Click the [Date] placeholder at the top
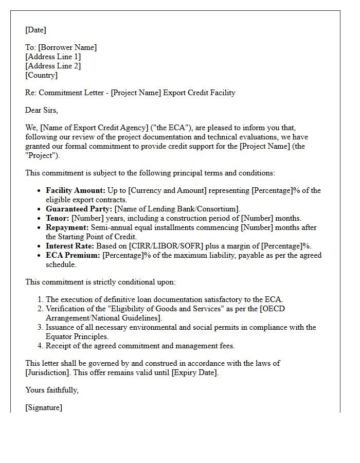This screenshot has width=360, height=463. (x=35, y=30)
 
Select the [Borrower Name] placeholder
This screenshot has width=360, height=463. (x=67, y=47)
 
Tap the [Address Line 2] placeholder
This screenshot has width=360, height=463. (x=53, y=66)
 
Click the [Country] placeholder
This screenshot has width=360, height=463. (x=41, y=75)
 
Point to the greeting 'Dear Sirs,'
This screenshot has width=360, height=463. (x=42, y=110)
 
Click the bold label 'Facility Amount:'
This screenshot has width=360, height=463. (x=76, y=190)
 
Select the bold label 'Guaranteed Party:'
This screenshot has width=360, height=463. (x=79, y=209)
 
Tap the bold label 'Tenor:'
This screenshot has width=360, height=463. (x=58, y=218)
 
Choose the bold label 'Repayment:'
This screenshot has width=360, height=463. (x=67, y=227)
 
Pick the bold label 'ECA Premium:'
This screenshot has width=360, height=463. (x=73, y=255)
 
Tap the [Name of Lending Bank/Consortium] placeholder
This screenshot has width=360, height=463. (x=177, y=209)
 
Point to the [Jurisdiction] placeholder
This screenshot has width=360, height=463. (x=49, y=372)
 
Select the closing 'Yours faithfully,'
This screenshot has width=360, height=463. (x=52, y=390)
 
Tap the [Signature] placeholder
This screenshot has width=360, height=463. (x=44, y=407)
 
